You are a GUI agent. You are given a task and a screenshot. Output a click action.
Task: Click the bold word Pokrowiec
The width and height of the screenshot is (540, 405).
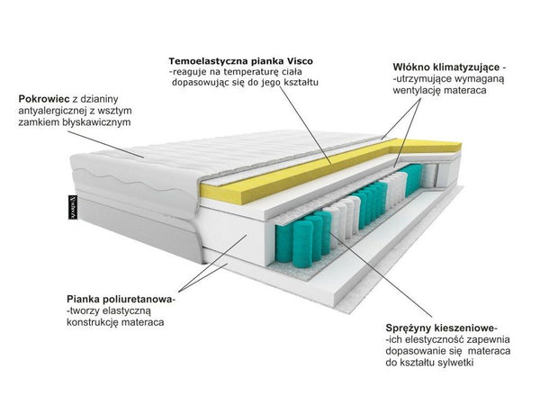pos(44,99)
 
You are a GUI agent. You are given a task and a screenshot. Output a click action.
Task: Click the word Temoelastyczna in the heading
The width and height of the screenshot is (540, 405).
pos(208,61)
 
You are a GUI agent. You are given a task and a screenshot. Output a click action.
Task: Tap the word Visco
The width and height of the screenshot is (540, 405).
pos(300,61)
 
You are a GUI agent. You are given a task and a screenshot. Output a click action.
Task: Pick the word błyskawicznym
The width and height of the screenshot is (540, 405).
pos(97,122)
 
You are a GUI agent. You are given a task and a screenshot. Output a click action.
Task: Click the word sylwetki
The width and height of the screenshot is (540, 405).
pos(455,363)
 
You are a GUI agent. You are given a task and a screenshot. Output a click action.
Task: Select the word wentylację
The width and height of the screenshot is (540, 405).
pos(417,91)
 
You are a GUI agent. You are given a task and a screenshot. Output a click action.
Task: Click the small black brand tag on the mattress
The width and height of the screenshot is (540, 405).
pos(73,207)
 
